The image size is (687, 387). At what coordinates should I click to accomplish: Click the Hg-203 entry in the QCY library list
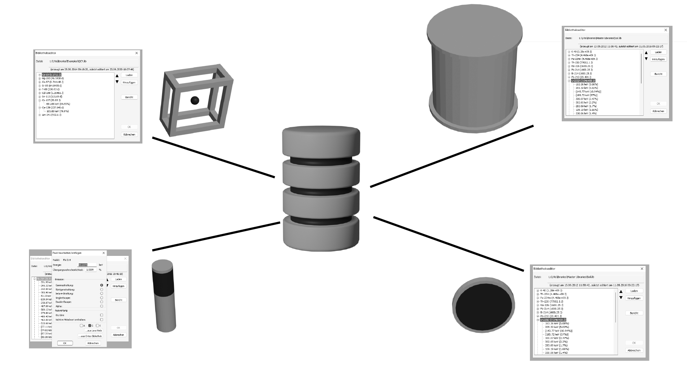tap(52, 78)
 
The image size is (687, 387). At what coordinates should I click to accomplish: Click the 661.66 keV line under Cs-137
tap(58, 104)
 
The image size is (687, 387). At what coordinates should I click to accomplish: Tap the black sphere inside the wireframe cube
tap(195, 100)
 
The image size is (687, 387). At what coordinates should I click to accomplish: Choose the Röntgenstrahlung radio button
tap(102, 290)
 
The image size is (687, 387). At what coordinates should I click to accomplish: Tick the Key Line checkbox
tap(102, 315)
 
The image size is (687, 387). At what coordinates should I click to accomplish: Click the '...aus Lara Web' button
tap(94, 331)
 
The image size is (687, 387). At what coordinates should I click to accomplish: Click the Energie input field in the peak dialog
tap(87, 265)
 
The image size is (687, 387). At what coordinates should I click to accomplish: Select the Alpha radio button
tap(102, 306)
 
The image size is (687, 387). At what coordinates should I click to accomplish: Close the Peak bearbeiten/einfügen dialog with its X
tap(104, 253)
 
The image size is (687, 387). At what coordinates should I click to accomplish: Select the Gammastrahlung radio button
tap(102, 285)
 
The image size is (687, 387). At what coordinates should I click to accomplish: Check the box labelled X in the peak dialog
tap(97, 326)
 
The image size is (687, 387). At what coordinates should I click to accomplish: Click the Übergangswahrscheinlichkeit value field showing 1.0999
tap(91, 270)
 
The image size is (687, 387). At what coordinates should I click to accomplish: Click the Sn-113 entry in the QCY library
tap(51, 96)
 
